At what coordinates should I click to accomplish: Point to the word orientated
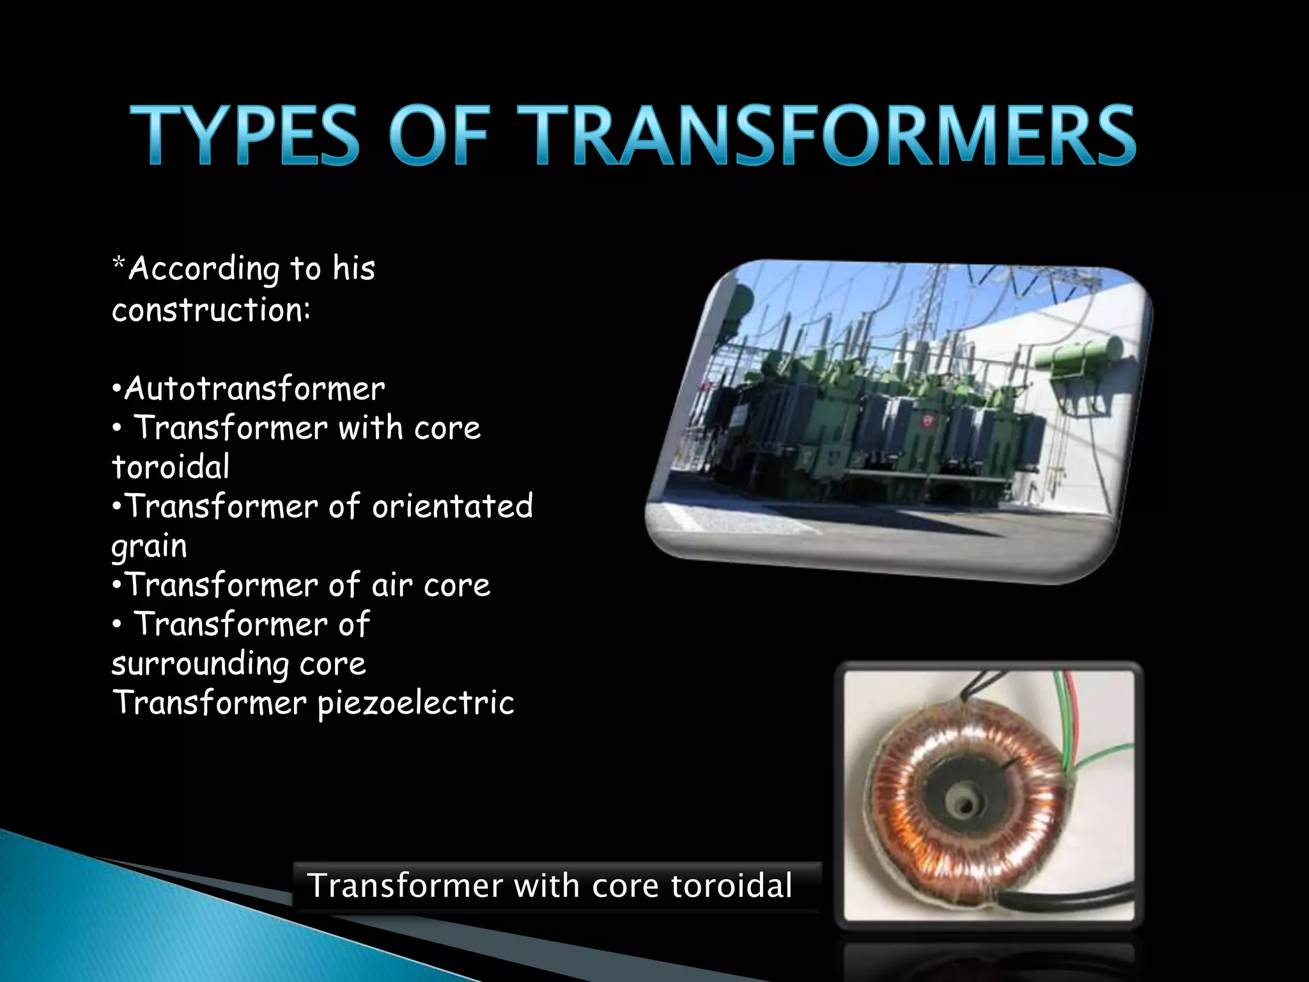(x=452, y=506)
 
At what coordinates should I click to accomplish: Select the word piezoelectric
(x=415, y=703)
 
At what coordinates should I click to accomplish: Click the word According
(x=204, y=270)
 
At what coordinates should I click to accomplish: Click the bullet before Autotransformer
(x=116, y=389)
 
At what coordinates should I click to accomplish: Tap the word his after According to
(x=353, y=269)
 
